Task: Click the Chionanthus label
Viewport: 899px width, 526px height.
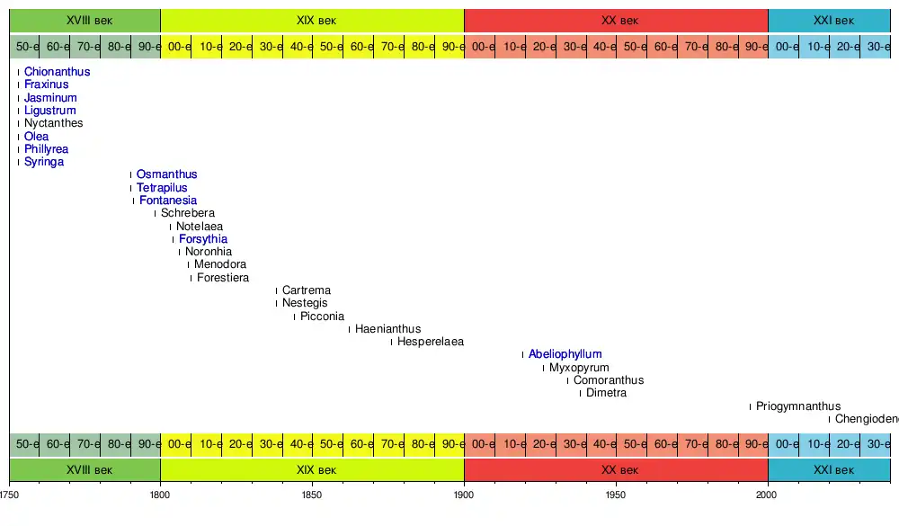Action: coord(57,72)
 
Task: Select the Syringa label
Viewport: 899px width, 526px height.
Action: coord(44,162)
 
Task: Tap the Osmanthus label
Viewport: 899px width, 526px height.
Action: coord(166,174)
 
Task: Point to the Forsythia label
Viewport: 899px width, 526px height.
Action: coord(203,239)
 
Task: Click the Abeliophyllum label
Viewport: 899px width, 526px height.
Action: coord(565,354)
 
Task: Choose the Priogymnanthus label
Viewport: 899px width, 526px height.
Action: coord(798,406)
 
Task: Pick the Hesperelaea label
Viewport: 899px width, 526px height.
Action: coord(431,342)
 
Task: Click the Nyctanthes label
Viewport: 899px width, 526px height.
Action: coord(53,123)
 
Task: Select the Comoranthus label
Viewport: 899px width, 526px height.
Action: coord(609,380)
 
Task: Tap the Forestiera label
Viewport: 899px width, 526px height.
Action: coord(223,278)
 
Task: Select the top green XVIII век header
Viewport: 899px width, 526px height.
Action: coord(85,20)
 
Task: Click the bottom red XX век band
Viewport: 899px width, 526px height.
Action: coord(616,470)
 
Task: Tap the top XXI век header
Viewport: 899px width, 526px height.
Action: coord(829,20)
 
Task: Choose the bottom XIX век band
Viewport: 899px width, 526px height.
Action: coord(312,470)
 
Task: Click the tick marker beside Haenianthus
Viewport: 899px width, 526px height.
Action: coord(349,329)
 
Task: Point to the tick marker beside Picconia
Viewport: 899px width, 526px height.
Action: coord(294,316)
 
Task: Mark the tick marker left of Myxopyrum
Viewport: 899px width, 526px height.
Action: coord(543,368)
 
